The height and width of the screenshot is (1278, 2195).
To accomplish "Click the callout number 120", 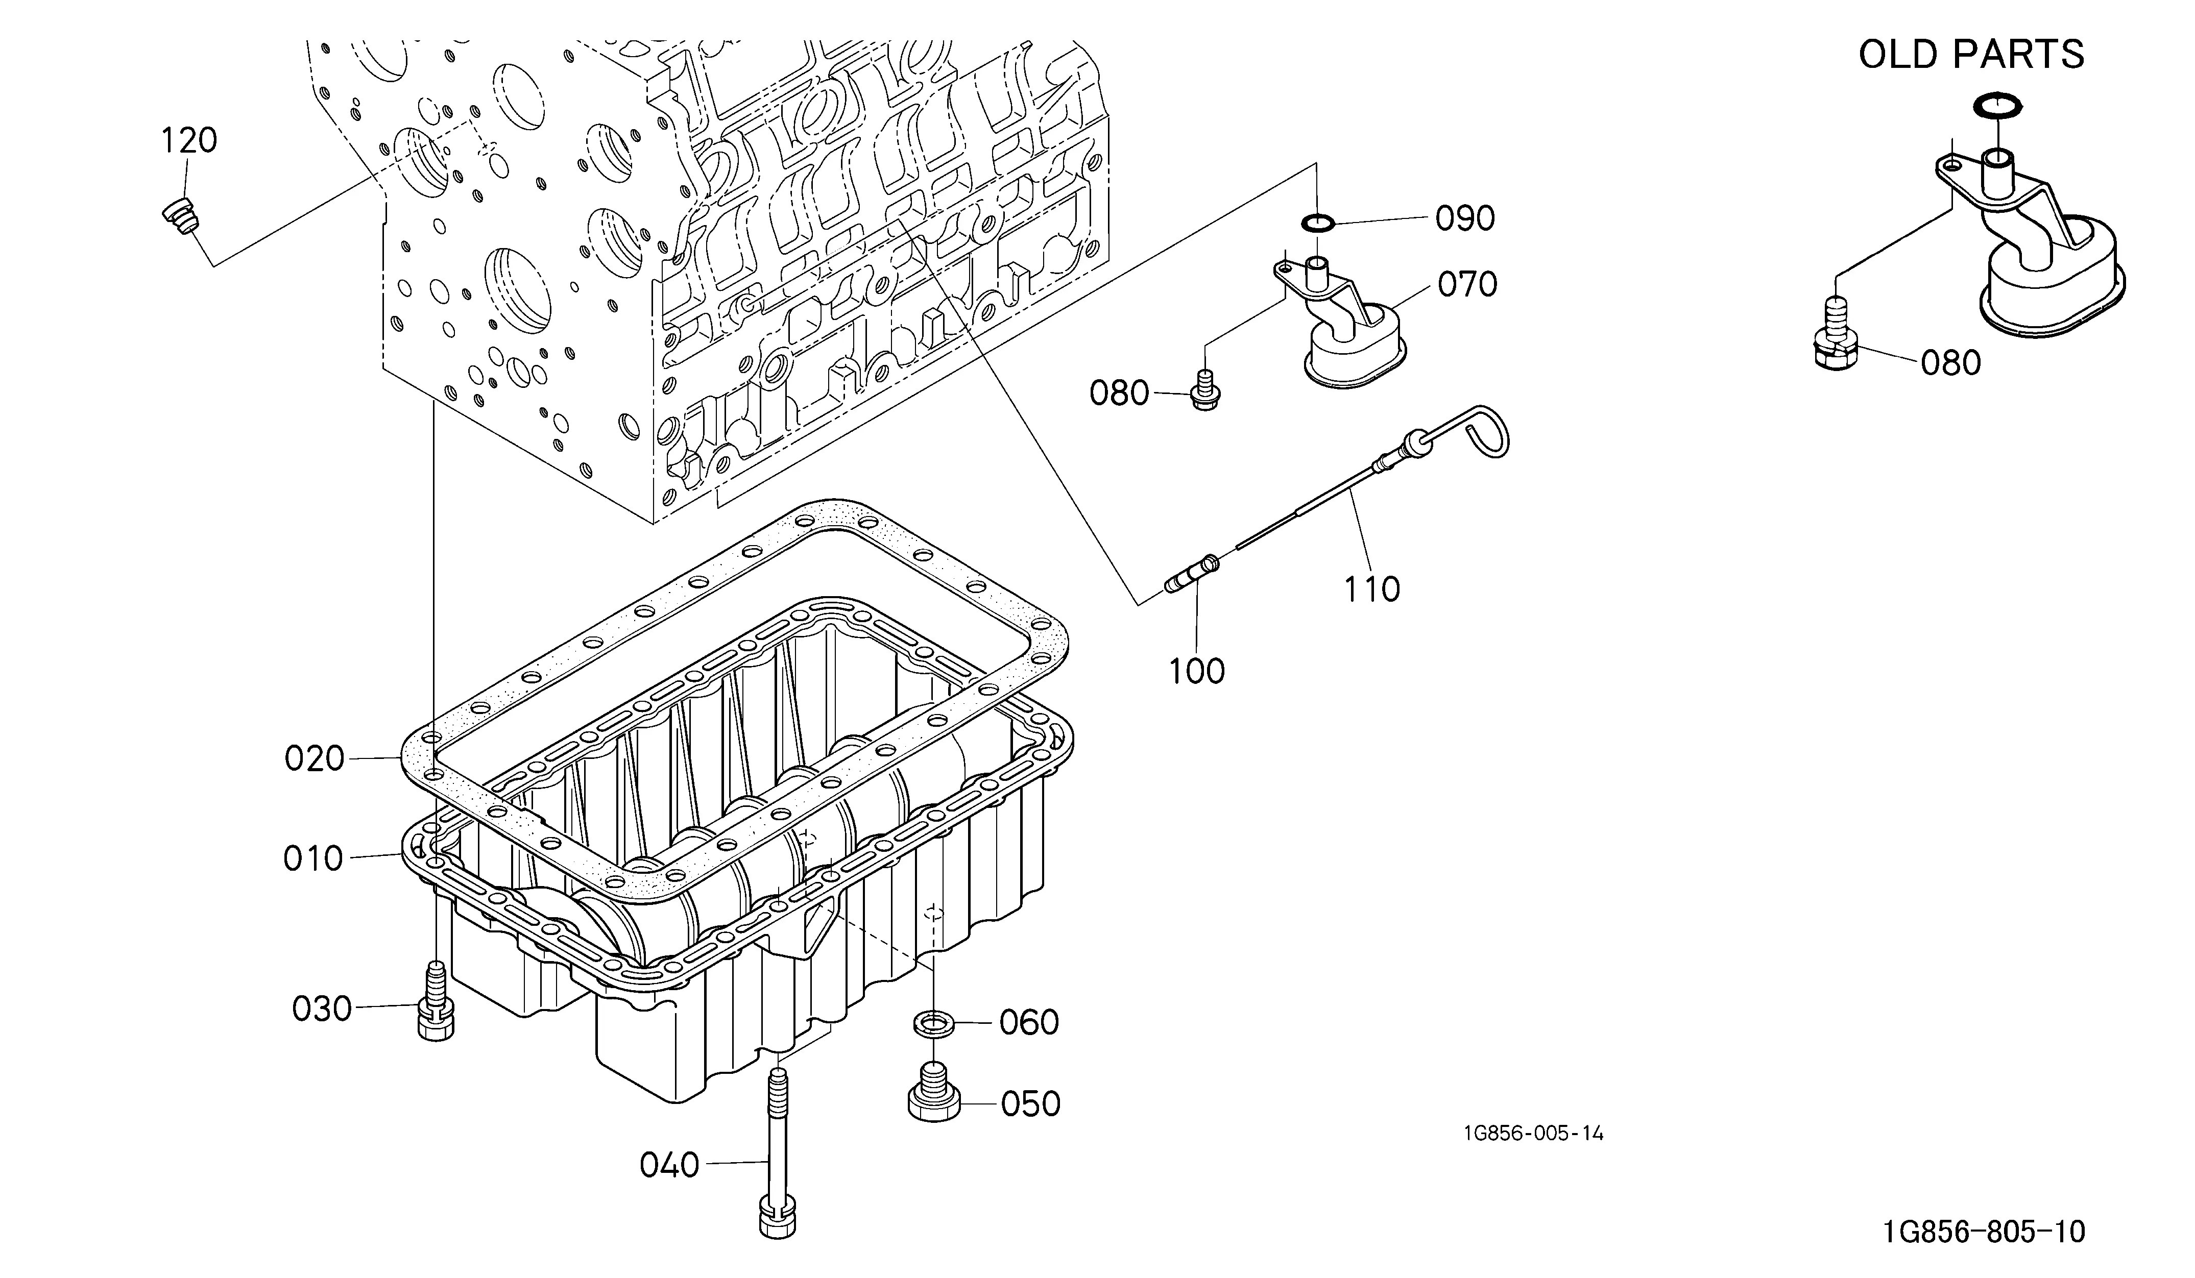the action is (189, 140).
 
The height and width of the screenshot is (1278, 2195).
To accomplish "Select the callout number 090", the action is (1465, 218).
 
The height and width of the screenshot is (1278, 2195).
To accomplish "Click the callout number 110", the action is (1372, 589).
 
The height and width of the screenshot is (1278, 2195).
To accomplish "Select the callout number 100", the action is (1196, 671).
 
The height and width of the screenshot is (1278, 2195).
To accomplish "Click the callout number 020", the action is (315, 759).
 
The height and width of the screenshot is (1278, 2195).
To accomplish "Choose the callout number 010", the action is (313, 859).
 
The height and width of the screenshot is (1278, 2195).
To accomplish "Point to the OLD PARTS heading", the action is (1971, 55).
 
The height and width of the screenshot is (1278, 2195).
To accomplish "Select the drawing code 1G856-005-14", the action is (1533, 1134).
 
